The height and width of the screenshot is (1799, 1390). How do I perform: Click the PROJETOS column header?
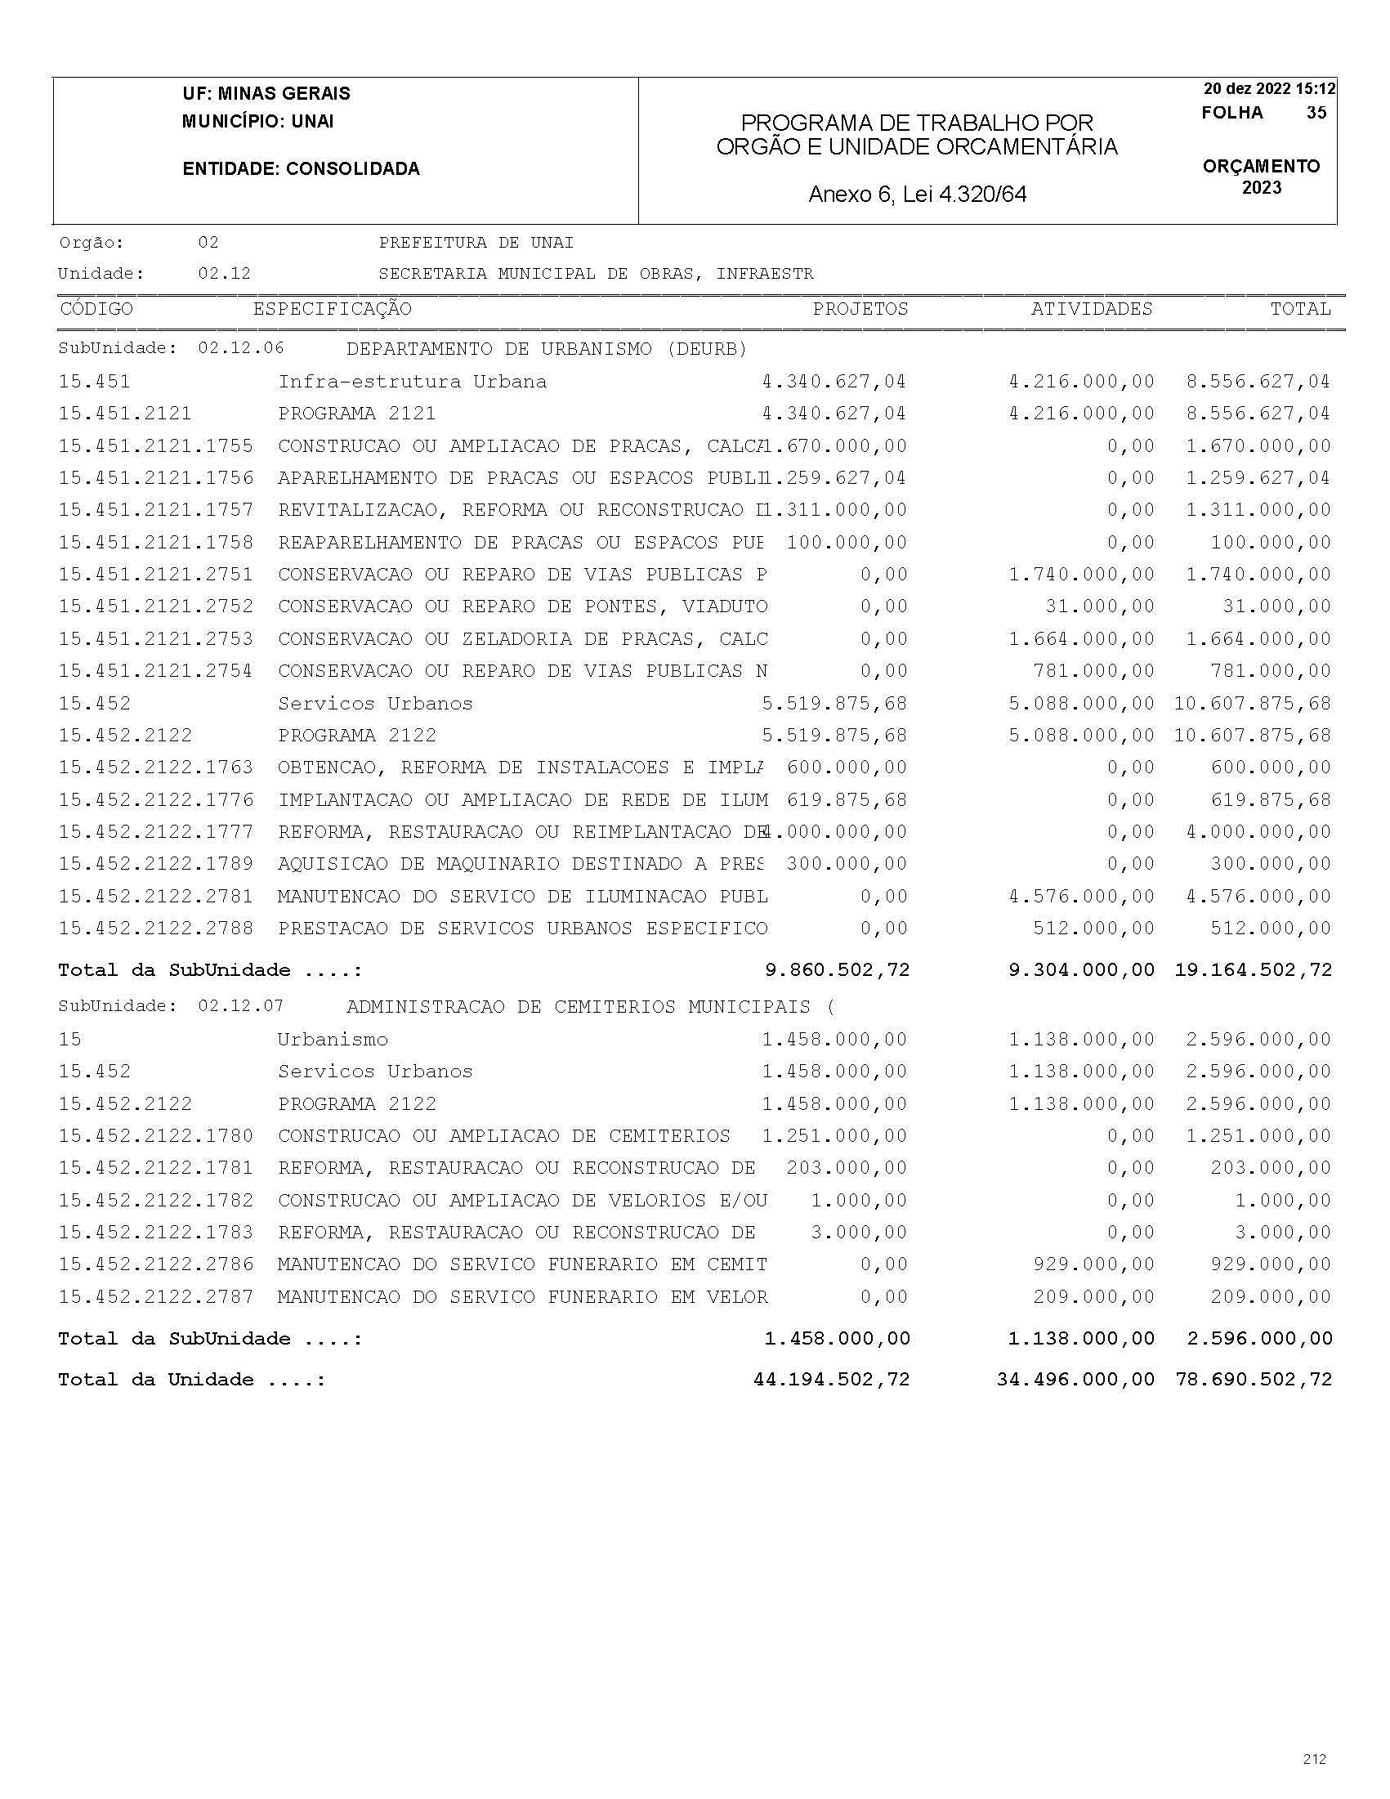coord(860,309)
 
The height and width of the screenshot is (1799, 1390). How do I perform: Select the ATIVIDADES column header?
coord(1091,309)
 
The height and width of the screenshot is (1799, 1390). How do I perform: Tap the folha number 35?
coord(1316,113)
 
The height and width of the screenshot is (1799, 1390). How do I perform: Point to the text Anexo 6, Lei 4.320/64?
coord(918,195)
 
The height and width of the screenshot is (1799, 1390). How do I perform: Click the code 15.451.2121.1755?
coord(155,446)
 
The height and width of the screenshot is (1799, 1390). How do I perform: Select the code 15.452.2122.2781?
coord(155,896)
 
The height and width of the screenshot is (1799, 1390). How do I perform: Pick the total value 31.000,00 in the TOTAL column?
coord(1276,607)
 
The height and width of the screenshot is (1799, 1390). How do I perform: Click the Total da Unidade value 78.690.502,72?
coord(1254,1380)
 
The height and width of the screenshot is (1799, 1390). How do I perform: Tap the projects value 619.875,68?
coord(847,800)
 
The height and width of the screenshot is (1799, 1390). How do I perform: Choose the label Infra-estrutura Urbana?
coord(412,383)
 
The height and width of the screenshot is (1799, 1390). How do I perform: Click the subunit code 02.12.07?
coord(240,1007)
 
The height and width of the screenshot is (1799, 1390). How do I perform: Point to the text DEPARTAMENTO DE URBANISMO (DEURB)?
coord(546,349)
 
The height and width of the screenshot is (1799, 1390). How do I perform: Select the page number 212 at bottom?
coord(1314,1759)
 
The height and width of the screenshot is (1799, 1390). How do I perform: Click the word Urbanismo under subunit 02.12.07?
coord(332,1040)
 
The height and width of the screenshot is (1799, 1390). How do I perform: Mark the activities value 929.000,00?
coord(1093,1264)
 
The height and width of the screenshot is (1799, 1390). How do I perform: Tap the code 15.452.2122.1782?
coord(155,1201)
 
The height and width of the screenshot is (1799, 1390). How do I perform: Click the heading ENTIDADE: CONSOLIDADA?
coord(301,169)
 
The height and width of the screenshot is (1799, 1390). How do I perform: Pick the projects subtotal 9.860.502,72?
coord(837,970)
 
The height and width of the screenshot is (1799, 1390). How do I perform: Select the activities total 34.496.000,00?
coord(1075,1380)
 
